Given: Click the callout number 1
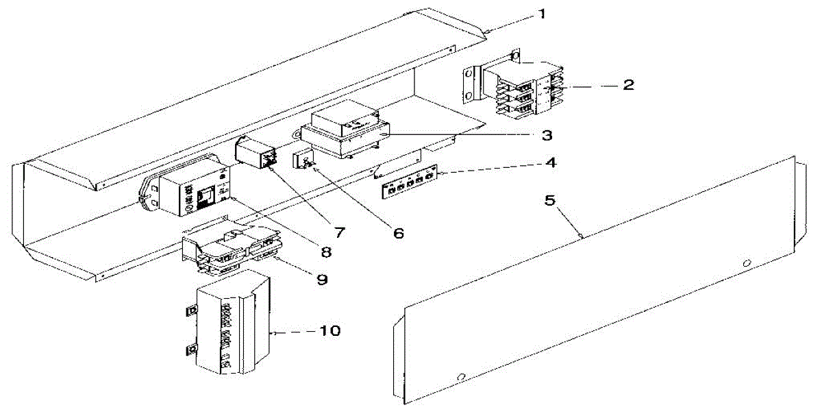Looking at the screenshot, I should pyautogui.click(x=543, y=14).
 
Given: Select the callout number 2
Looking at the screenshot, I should pyautogui.click(x=627, y=85).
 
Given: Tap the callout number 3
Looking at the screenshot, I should pyautogui.click(x=546, y=134).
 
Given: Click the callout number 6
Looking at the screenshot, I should pyautogui.click(x=397, y=233).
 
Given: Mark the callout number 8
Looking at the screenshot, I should pyautogui.click(x=326, y=252).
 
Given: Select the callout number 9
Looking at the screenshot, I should pyautogui.click(x=321, y=280).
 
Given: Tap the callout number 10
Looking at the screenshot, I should pyautogui.click(x=328, y=331).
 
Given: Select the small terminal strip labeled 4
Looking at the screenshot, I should pyautogui.click(x=408, y=183).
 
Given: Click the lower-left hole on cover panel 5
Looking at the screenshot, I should pyautogui.click(x=461, y=376).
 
